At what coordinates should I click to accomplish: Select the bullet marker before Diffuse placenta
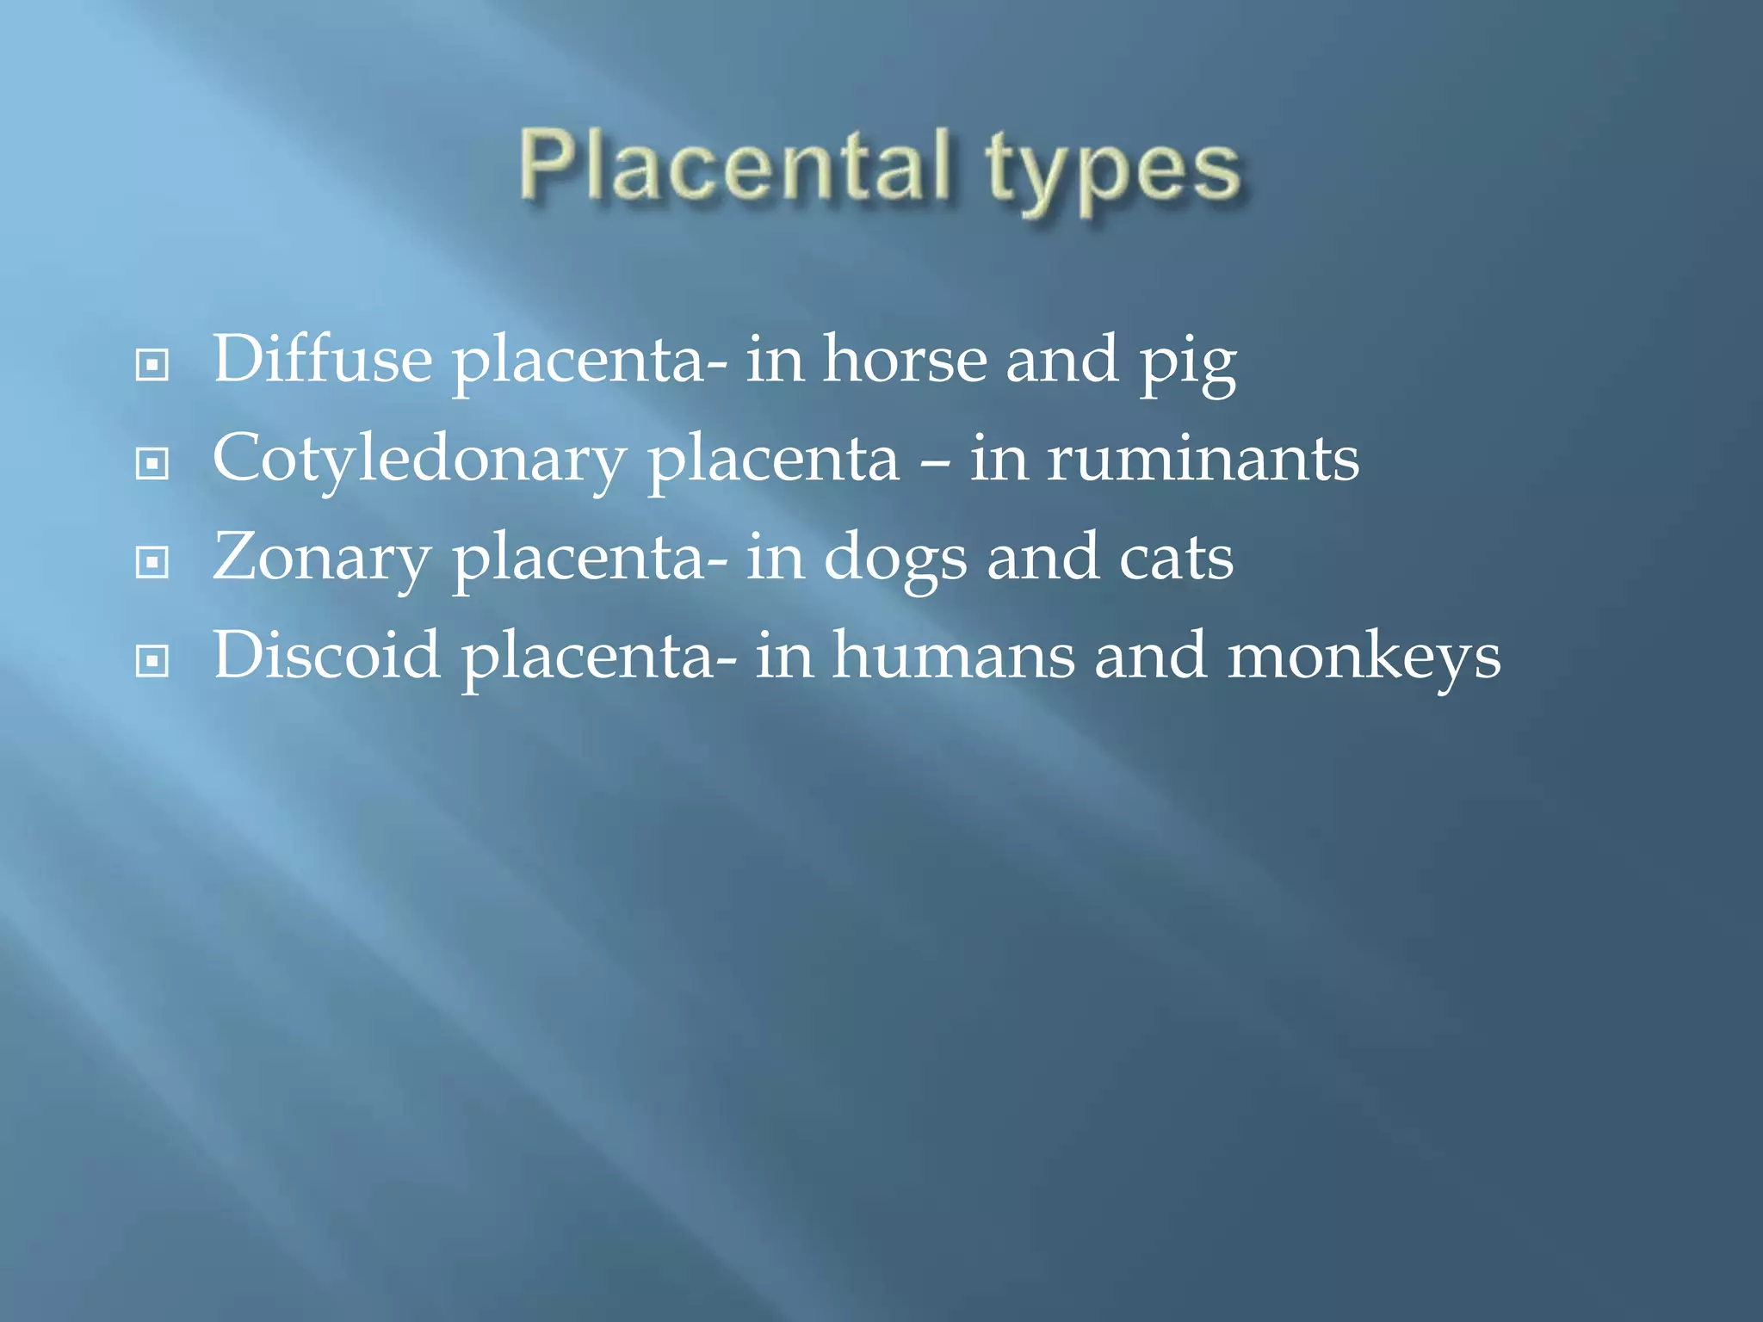click(152, 365)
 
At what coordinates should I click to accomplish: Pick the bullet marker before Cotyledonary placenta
click(152, 464)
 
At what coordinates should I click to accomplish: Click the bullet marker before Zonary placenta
click(152, 563)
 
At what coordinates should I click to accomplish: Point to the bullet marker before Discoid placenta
click(152, 661)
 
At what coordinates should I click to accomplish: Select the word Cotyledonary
click(418, 460)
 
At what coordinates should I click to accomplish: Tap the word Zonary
click(321, 559)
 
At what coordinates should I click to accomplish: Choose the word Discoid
click(326, 656)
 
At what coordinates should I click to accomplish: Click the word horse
click(905, 360)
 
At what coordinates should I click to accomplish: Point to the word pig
click(1188, 365)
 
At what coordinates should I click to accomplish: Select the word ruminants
click(1203, 459)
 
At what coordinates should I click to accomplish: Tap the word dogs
click(895, 559)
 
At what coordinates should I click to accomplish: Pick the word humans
click(954, 656)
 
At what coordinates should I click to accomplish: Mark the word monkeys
click(1364, 658)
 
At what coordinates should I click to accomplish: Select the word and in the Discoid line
click(1150, 656)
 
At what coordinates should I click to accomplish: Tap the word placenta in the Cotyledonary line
click(773, 461)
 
